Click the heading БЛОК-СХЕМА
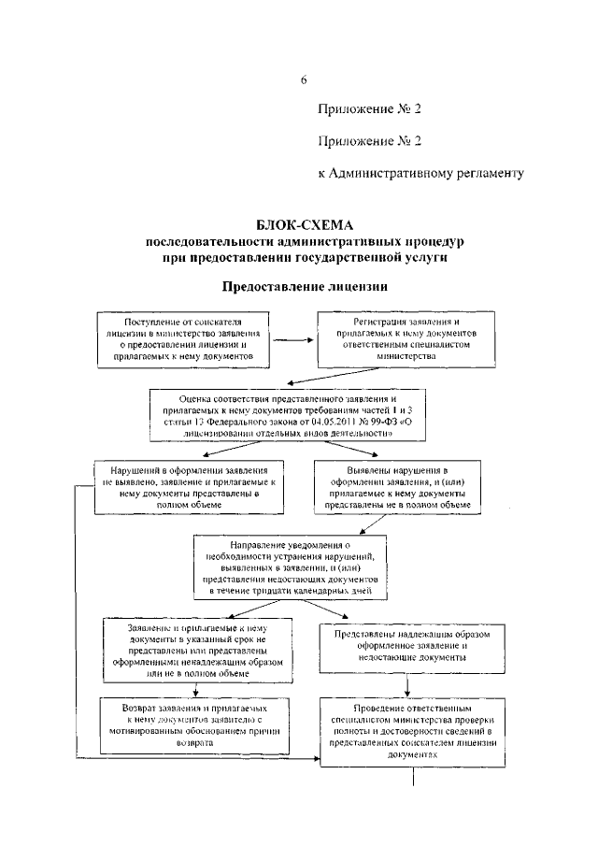click(x=299, y=225)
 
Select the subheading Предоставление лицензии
click(x=304, y=285)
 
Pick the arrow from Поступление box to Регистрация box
click(x=293, y=340)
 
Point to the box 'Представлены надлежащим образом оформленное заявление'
click(x=406, y=645)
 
